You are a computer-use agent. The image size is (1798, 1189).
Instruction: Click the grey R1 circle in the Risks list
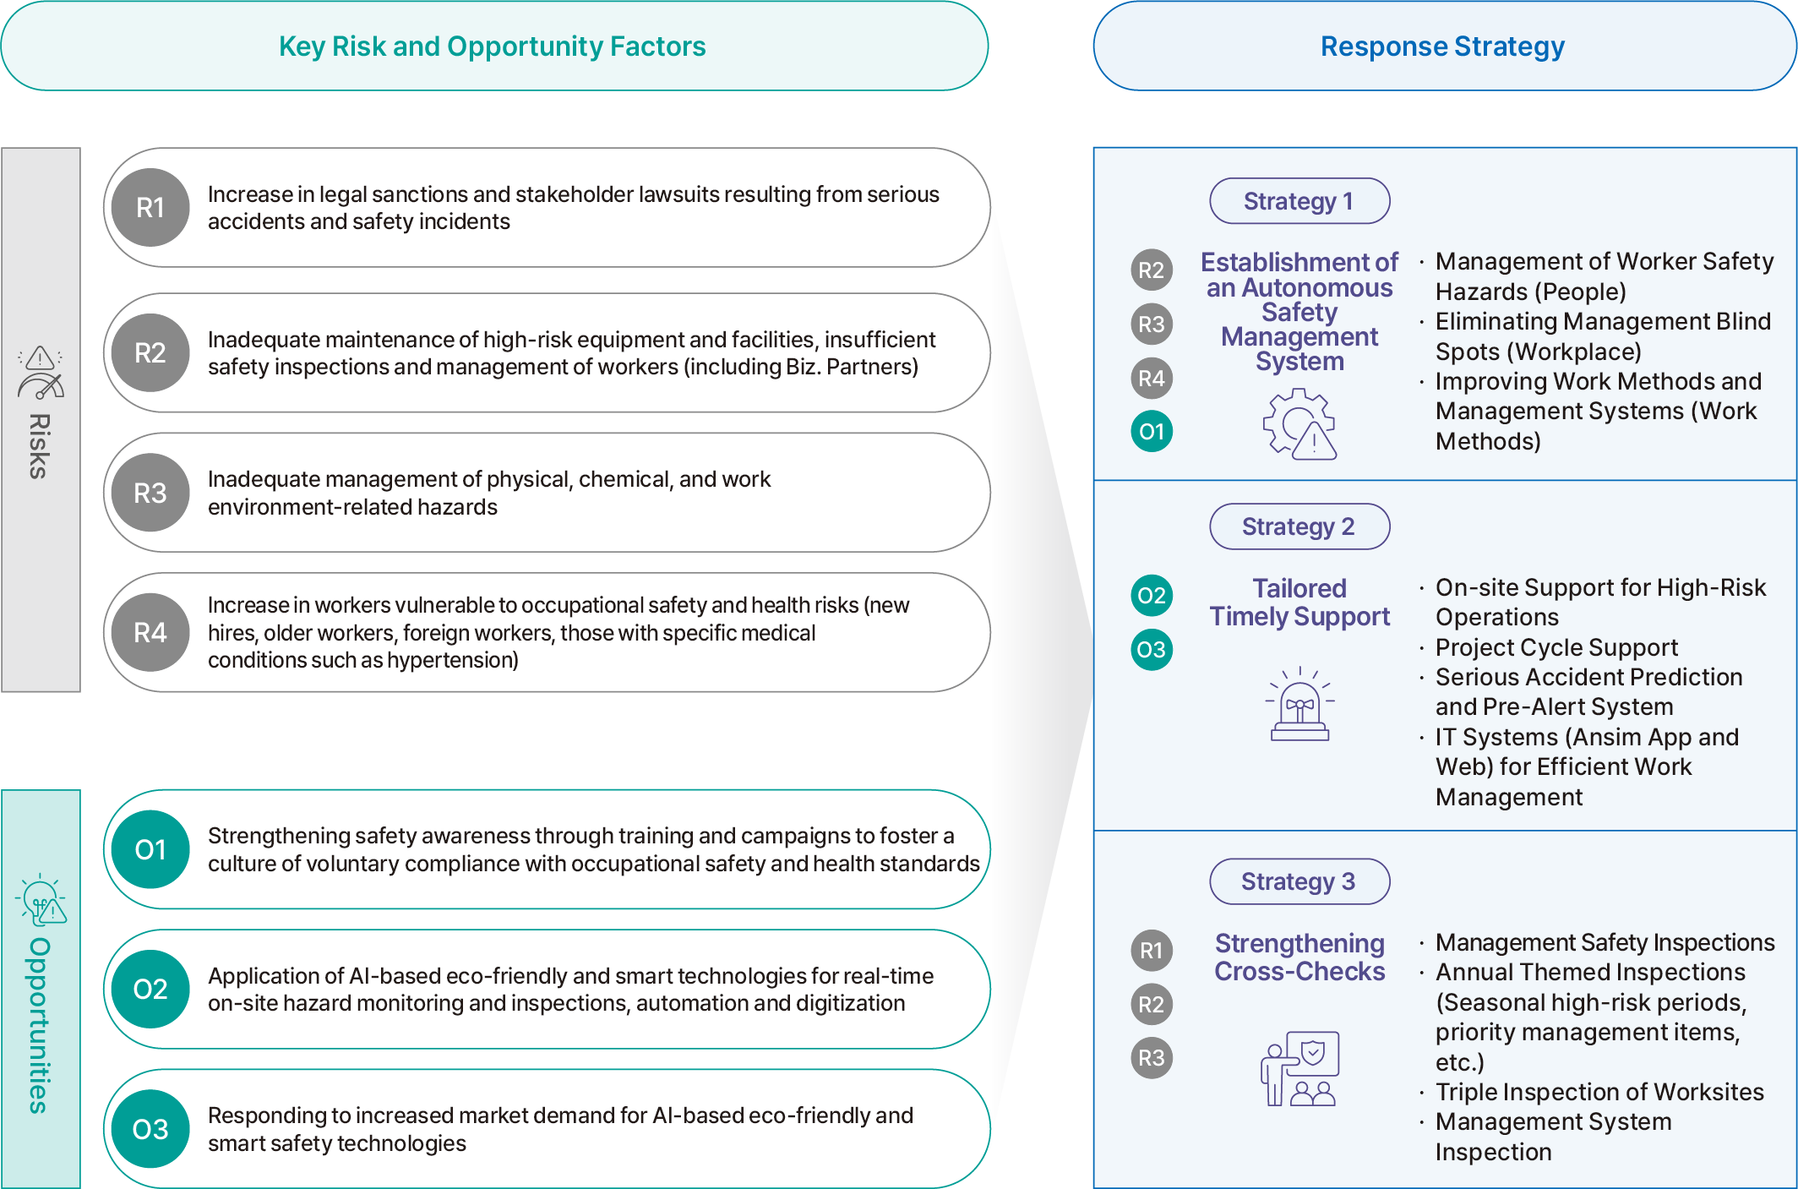coord(150,208)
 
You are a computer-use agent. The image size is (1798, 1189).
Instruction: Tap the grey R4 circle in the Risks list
coord(150,632)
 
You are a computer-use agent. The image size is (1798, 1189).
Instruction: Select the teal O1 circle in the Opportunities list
coord(150,849)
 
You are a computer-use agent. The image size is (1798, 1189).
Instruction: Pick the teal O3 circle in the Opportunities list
coord(150,1129)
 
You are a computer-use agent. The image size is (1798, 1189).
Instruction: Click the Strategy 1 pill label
coord(1299,201)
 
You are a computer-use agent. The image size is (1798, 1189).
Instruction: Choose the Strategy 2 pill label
coord(1299,526)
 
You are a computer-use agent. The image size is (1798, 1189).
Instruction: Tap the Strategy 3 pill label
coord(1299,881)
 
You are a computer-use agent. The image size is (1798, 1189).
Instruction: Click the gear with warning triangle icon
coord(1299,424)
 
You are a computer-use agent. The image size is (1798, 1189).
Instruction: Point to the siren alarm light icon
coord(1299,704)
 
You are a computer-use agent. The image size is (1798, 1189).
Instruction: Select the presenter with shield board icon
coord(1299,1068)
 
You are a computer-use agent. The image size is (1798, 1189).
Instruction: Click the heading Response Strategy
coord(1442,46)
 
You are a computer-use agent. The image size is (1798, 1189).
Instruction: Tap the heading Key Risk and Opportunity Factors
coord(493,46)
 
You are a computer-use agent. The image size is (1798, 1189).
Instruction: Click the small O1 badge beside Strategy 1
coord(1152,432)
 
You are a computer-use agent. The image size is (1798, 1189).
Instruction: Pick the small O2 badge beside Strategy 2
coord(1152,595)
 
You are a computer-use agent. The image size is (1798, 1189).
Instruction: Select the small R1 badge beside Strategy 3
coord(1152,951)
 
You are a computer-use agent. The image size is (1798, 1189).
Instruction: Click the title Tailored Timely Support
coord(1299,603)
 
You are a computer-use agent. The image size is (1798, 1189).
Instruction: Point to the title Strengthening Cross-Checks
coord(1299,957)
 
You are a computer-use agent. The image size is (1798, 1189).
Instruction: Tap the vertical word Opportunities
coord(40,1025)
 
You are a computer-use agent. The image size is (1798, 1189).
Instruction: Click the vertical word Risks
coord(40,446)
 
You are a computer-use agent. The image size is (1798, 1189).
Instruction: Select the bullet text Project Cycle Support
coord(1556,647)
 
